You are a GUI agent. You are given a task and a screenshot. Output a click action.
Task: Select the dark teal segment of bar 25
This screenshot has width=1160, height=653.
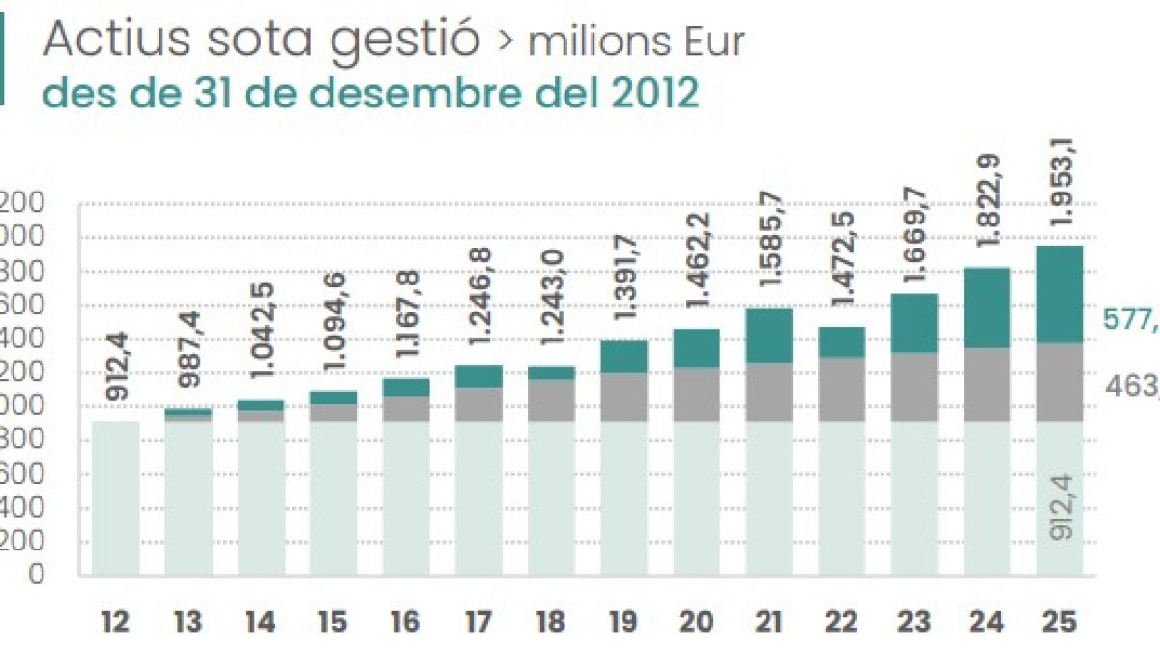1058,294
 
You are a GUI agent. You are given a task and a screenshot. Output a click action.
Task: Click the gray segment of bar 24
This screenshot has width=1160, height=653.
985,384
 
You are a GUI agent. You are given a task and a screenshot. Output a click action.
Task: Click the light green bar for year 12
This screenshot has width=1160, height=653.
115,498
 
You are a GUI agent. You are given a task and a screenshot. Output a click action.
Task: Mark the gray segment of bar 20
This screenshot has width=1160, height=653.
695,394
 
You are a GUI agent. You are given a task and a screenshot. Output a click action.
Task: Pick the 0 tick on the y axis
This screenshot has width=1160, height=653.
37,575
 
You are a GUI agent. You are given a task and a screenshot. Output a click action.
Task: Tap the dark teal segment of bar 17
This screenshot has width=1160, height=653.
478,375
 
